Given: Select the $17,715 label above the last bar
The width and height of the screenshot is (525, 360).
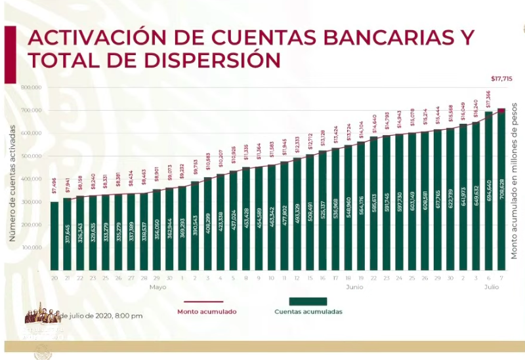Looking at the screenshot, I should (500, 79).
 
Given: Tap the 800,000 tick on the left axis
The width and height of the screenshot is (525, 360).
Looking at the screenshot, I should (32, 87).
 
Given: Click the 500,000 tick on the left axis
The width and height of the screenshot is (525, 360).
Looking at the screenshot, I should (32, 156).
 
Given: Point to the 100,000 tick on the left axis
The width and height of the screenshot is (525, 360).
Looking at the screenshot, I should (32, 248).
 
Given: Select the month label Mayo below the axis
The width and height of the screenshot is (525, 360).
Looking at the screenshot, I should (157, 287).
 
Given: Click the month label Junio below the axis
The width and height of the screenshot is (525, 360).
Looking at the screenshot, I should (354, 287).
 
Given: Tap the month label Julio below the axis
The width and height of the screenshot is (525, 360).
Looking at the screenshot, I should (492, 287).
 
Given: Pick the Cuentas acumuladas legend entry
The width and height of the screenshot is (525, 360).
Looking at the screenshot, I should (308, 311).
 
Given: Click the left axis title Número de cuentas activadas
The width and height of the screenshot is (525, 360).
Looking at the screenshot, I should (12, 177).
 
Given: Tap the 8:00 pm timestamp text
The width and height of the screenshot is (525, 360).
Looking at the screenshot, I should (128, 315).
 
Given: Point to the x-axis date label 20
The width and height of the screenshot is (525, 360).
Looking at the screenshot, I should (54, 278).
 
